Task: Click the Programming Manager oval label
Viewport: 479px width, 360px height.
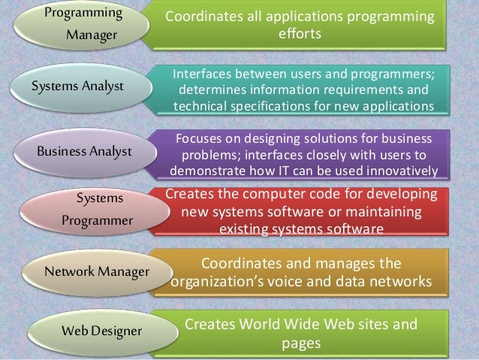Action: [x=83, y=25]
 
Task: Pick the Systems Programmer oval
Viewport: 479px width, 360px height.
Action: [x=96, y=210]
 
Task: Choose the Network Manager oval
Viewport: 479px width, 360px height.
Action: [x=95, y=270]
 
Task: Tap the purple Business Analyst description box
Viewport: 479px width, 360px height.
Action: [x=303, y=154]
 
